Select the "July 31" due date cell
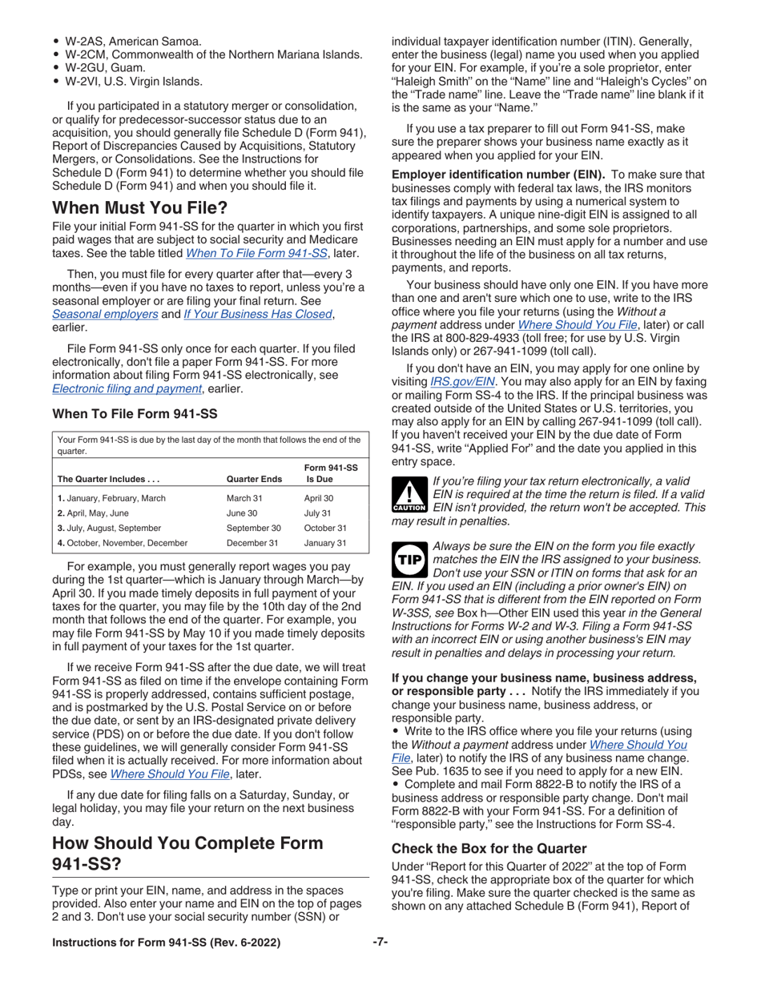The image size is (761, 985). [x=318, y=513]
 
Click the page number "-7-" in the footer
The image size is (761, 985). [x=380, y=943]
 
